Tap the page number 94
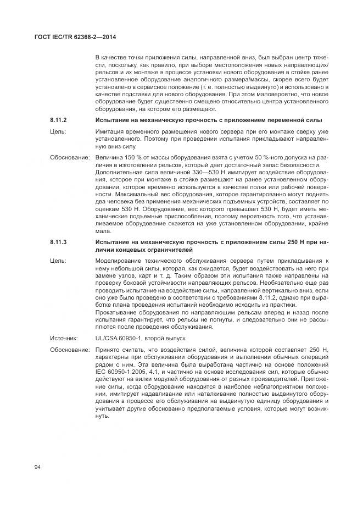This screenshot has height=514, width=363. click(x=37, y=467)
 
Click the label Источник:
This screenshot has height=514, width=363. click(x=63, y=339)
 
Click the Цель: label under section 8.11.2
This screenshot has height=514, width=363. click(x=58, y=132)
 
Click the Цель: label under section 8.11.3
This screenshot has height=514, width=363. click(x=58, y=260)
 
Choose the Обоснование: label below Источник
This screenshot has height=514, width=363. click(x=70, y=350)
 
